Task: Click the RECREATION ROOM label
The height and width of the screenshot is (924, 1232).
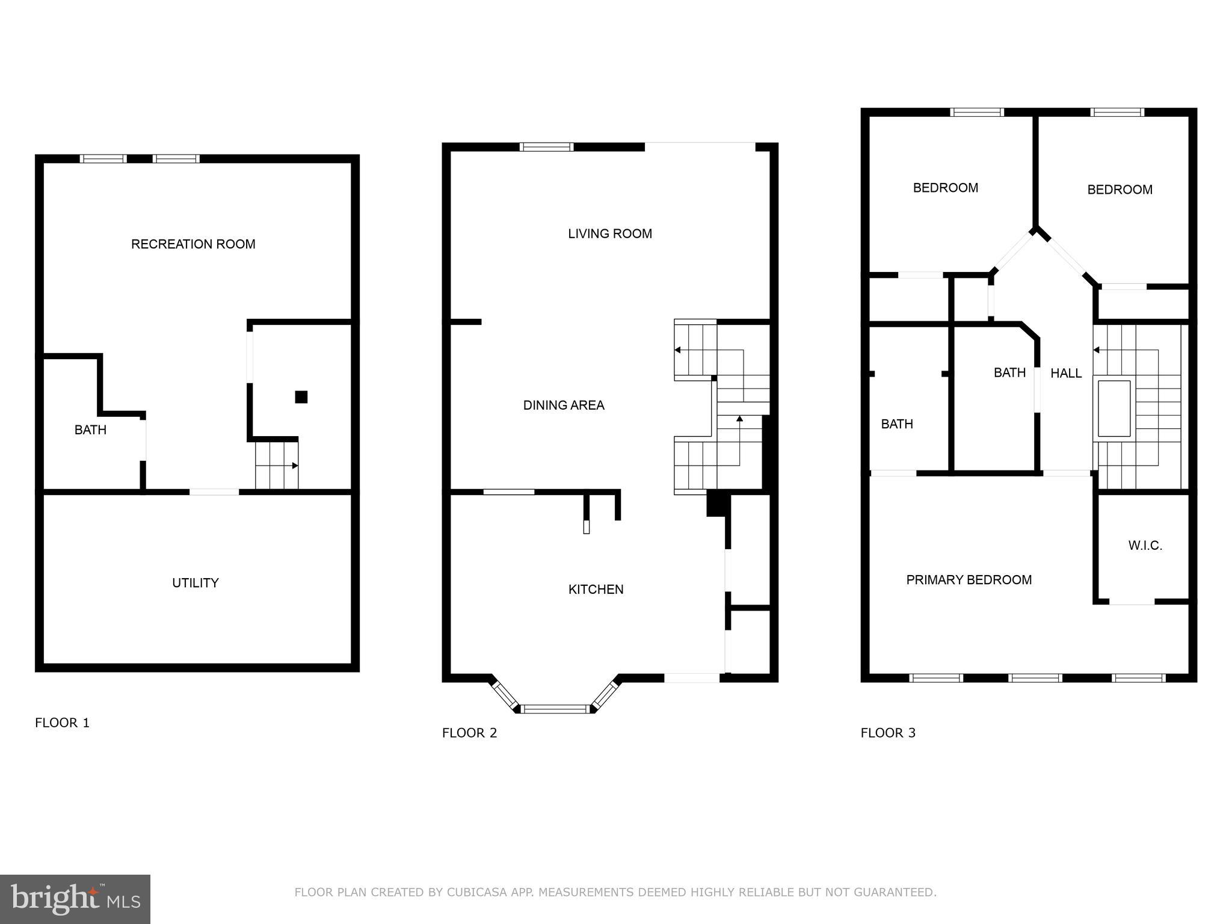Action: click(193, 244)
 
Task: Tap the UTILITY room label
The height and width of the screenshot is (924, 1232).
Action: click(195, 582)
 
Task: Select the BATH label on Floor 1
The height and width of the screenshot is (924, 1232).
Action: click(90, 430)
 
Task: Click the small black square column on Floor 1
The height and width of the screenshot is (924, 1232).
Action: click(301, 397)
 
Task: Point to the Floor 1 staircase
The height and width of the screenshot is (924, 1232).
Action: click(277, 466)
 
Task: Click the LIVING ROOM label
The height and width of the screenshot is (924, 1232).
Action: click(609, 233)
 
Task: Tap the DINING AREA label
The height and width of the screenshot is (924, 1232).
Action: click(563, 405)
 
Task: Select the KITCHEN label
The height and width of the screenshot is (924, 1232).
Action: click(596, 589)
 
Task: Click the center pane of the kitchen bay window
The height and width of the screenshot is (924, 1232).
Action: click(555, 709)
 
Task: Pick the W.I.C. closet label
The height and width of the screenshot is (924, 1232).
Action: click(1145, 545)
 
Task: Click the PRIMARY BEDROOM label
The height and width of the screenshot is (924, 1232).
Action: click(969, 579)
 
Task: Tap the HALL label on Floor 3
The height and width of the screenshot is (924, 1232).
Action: click(1066, 373)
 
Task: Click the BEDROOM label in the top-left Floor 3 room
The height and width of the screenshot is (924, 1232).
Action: click(945, 188)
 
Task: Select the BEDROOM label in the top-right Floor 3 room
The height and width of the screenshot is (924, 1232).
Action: click(1120, 189)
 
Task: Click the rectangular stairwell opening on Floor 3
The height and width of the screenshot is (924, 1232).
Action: click(1113, 408)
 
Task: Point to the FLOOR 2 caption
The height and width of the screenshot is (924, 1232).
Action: click(469, 733)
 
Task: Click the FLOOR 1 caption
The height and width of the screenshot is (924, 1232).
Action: click(62, 722)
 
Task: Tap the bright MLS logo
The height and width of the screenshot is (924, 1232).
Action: click(75, 899)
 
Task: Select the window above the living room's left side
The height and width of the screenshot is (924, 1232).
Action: click(546, 146)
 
